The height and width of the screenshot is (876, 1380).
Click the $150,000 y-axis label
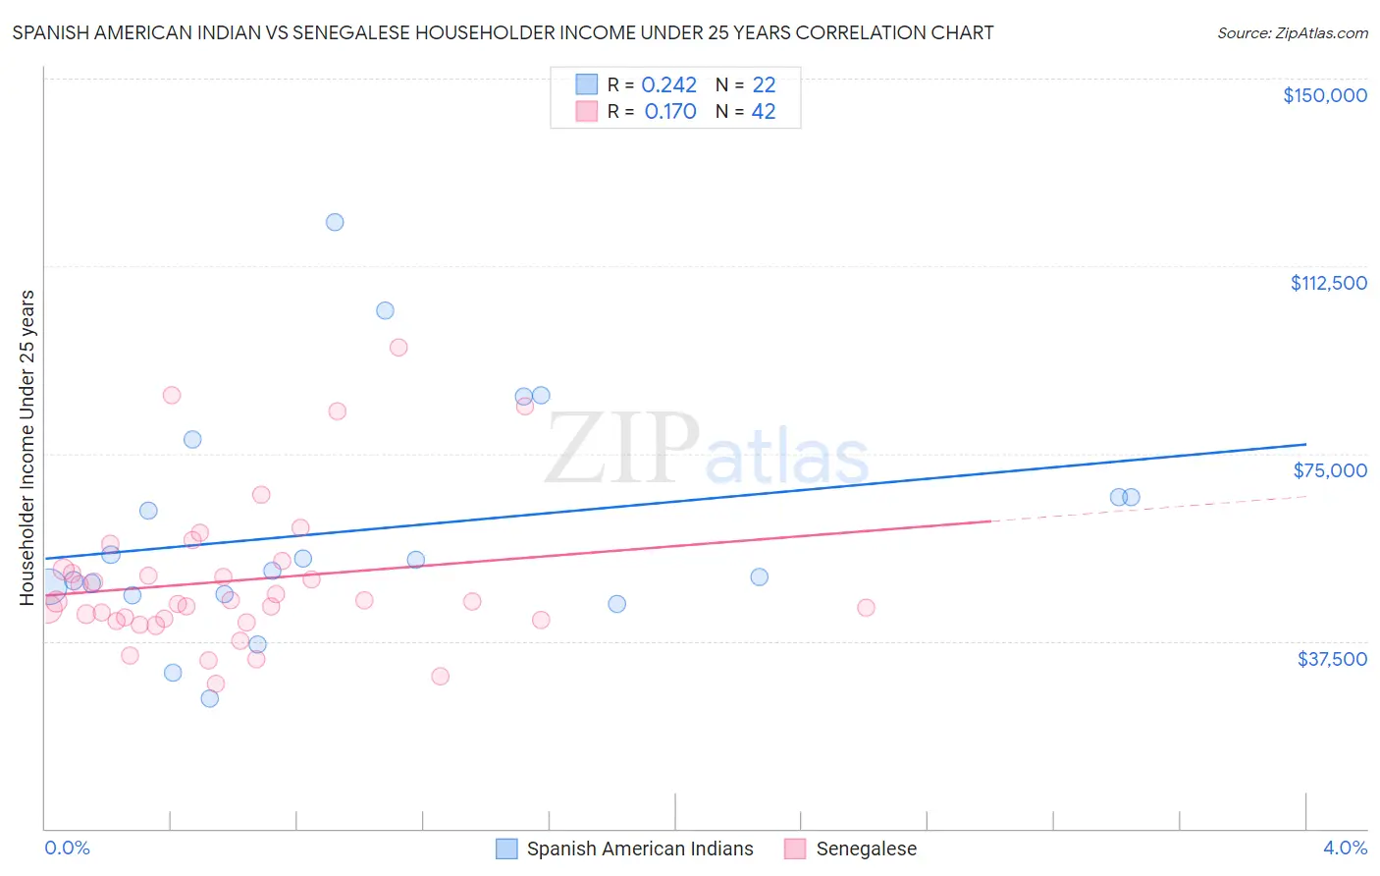(1324, 95)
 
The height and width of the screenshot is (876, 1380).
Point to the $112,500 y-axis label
(1328, 283)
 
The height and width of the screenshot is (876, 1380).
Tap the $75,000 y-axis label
(1330, 470)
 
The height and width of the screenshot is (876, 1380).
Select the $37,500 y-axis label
(1332, 659)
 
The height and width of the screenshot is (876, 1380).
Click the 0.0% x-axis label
(67, 848)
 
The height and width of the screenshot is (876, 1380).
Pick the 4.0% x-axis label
(1345, 848)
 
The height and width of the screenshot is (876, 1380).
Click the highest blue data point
(335, 222)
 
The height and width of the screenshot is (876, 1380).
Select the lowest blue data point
(209, 698)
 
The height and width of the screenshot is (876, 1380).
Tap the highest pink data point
(398, 347)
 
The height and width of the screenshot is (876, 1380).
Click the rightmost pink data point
(866, 608)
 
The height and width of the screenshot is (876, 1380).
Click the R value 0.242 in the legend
(668, 85)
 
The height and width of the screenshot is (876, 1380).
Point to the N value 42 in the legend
(764, 112)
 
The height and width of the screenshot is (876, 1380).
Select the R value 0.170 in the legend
(670, 112)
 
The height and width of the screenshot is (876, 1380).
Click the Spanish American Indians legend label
(640, 849)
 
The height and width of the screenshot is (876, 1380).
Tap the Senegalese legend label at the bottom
(866, 849)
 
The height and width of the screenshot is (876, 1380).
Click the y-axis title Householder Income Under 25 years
(27, 447)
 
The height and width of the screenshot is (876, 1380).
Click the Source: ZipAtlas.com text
(1292, 33)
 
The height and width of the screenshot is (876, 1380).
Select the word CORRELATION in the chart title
(852, 33)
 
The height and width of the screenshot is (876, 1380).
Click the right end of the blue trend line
(1305, 444)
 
